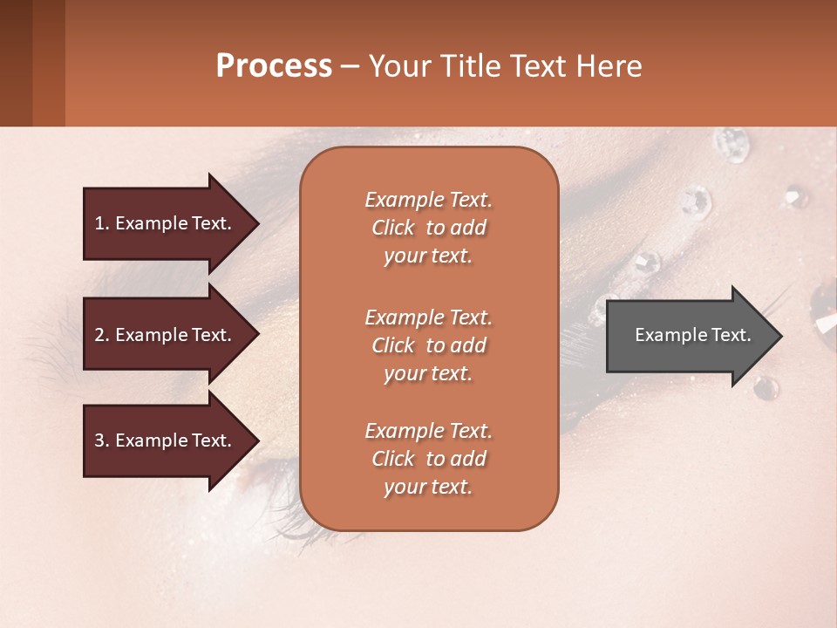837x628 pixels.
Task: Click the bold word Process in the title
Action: pos(274,66)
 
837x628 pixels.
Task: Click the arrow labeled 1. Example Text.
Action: pos(163,223)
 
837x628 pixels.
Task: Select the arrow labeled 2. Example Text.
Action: pos(163,335)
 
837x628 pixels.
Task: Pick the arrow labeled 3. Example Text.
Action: pos(163,440)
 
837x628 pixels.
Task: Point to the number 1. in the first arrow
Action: pos(102,223)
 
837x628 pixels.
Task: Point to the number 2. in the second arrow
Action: pos(102,335)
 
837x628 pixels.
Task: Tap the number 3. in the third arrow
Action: pos(102,440)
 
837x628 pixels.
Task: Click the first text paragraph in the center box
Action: pos(428,228)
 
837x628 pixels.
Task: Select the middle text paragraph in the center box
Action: pos(428,345)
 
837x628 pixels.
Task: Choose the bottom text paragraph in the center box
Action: pos(428,459)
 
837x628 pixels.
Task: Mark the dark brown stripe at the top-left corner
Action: pos(16,63)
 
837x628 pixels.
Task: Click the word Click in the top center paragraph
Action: pos(393,229)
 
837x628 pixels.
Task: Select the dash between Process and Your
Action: pos(350,67)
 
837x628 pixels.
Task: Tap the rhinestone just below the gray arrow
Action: pos(766,386)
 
